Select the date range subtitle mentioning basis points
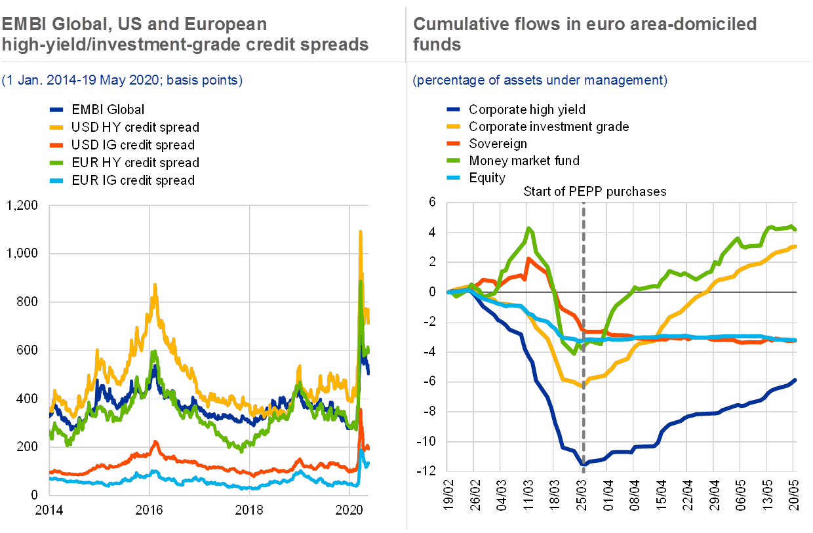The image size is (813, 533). click(123, 81)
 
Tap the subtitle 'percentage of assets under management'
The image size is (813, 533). click(540, 81)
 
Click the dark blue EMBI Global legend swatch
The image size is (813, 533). click(58, 109)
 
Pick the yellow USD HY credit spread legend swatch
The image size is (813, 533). click(58, 127)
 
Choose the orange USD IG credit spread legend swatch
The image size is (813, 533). click(58, 145)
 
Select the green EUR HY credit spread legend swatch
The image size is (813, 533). click(58, 163)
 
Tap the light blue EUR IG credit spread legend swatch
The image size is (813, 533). click(58, 180)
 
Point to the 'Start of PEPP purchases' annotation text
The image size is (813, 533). click(595, 192)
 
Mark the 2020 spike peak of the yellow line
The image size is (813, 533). click(360, 231)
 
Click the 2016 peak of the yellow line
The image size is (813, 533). click(155, 285)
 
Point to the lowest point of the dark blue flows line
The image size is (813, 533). click(583, 465)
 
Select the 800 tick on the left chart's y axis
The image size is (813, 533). click(29, 302)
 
